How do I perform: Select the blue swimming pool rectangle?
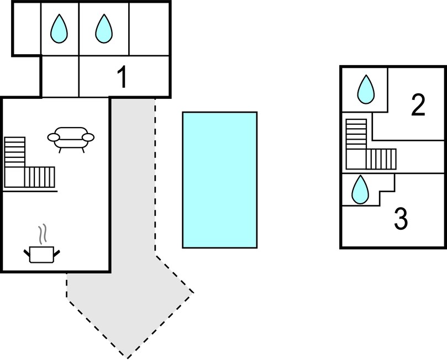point(220,180)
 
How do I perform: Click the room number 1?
point(122,77)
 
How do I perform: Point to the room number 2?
point(418,105)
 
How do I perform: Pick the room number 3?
point(401,219)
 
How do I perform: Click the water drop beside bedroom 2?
point(366,89)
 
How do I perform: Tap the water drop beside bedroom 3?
point(360,189)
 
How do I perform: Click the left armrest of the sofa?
point(53,137)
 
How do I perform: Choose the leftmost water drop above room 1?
point(59,29)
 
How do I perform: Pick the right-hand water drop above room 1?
point(104,29)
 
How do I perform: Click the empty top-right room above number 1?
point(149,29)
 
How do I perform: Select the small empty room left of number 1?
point(60,76)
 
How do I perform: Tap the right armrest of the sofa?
point(88,137)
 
